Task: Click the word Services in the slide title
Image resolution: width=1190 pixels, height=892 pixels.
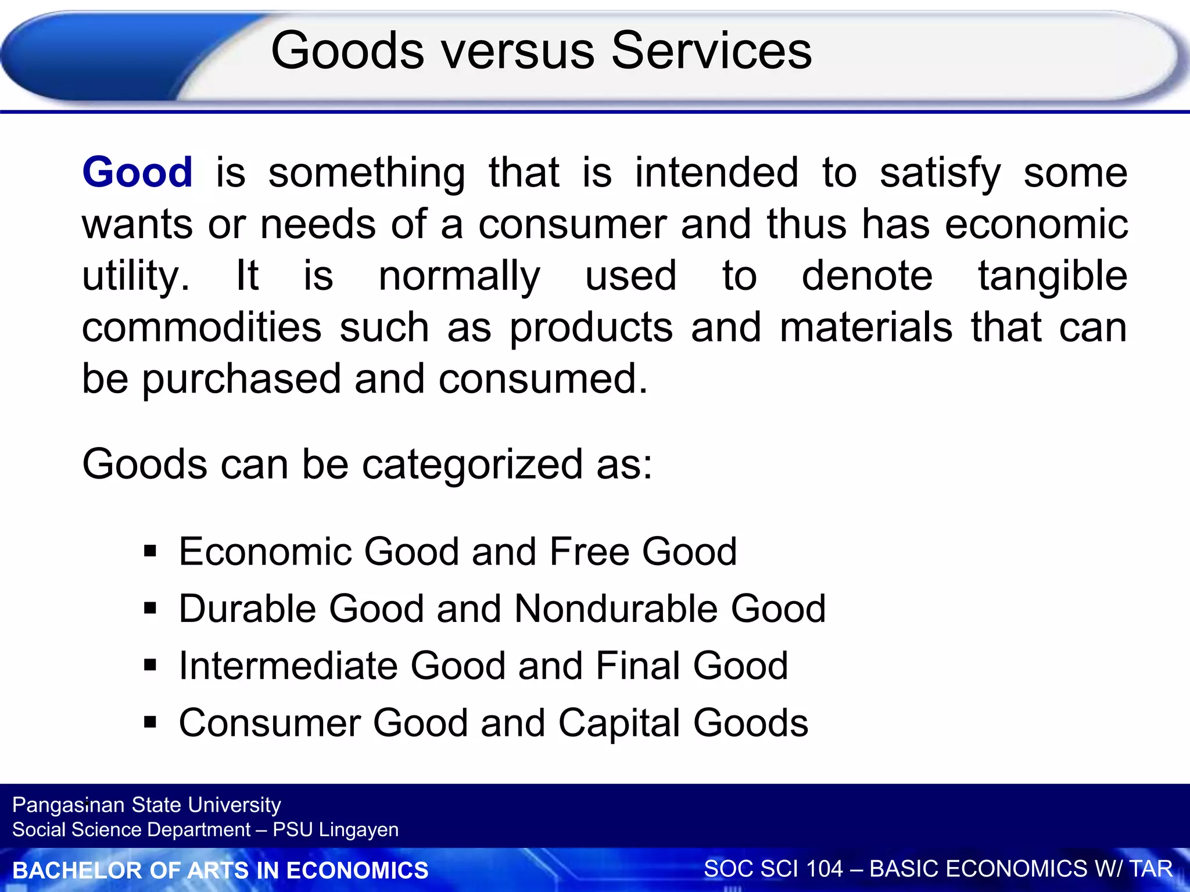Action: click(711, 51)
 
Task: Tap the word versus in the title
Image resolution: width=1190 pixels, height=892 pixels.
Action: click(518, 51)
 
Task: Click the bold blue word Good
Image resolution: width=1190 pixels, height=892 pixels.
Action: click(137, 172)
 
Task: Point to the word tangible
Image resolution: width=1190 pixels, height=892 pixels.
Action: click(1052, 276)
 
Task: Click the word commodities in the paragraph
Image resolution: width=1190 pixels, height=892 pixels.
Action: click(202, 328)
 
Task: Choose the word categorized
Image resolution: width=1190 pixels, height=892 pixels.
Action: click(472, 465)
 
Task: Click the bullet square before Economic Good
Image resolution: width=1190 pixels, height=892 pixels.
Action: click(150, 551)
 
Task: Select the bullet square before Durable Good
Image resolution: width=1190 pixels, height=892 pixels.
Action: click(150, 608)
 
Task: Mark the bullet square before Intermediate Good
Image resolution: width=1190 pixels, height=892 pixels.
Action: click(150, 665)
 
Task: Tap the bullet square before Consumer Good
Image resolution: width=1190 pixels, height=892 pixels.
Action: click(150, 722)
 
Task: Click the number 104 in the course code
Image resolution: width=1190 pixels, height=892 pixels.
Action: click(823, 869)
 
